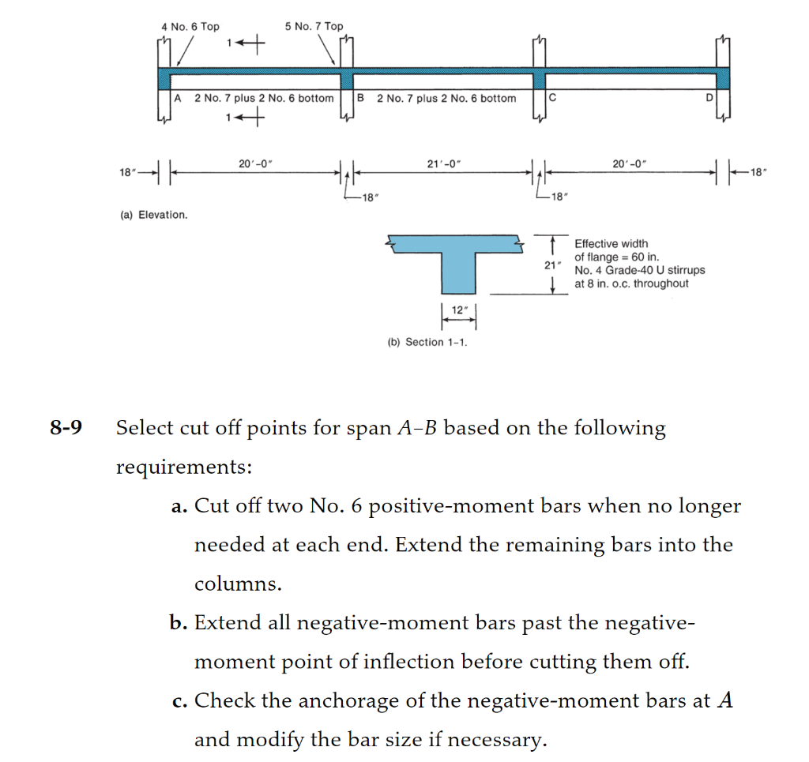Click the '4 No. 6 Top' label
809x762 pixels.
tap(190, 26)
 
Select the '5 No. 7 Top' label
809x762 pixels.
tap(314, 26)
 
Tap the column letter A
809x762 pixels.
tap(179, 98)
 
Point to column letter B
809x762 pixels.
tap(361, 98)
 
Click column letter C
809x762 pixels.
tap(552, 98)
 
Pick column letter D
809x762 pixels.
tap(709, 98)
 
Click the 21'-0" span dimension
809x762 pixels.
tap(444, 163)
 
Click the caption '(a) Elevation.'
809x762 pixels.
tap(153, 215)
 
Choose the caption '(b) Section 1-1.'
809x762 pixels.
tap(427, 342)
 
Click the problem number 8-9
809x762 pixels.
tap(66, 429)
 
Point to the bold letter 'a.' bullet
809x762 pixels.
tap(179, 506)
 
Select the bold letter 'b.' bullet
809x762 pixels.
tap(179, 623)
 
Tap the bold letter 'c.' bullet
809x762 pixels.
tap(179, 700)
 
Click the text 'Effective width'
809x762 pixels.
tap(611, 244)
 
